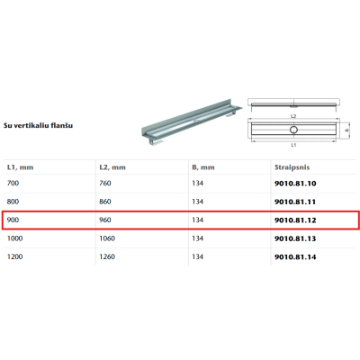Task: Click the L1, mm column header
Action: pos(20,167)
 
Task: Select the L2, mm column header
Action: pos(112,167)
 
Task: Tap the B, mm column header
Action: pos(203,167)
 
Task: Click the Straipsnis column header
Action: pos(292,167)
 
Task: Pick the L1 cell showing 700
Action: pos(13,183)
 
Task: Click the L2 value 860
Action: pos(105,202)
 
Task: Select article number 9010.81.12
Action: pos(295,220)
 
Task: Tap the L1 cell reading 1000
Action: pos(14,238)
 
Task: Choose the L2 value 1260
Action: pos(107,256)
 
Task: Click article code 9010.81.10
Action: pos(295,184)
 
